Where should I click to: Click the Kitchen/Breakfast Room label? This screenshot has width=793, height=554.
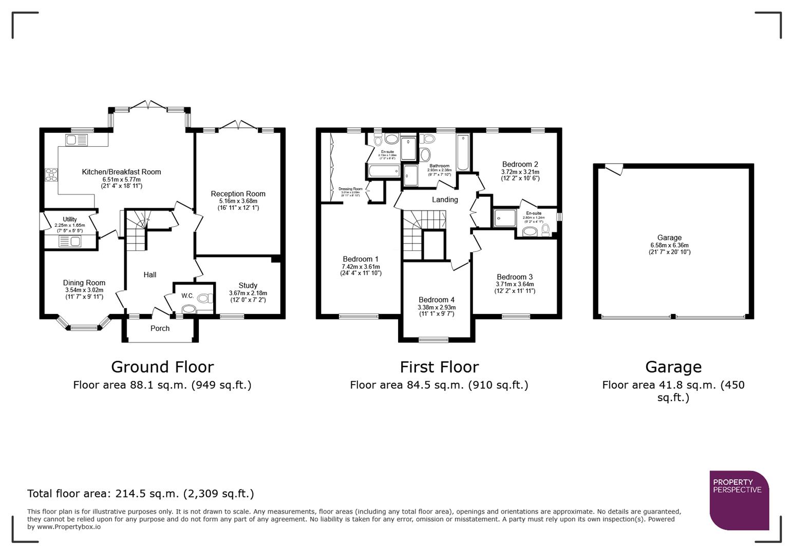(121, 172)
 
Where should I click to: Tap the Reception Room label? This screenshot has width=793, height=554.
(238, 193)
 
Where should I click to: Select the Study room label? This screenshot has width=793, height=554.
(248, 285)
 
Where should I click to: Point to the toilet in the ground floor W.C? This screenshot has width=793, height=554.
(204, 298)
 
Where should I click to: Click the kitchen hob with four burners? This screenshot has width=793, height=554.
(51, 175)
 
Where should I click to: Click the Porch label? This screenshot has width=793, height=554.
(160, 328)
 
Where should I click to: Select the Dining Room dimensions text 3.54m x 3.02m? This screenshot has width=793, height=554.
(84, 290)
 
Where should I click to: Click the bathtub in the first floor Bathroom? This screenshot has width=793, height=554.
(463, 152)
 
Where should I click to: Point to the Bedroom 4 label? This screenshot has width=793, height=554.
(436, 300)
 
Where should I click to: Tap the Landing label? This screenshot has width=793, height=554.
(445, 200)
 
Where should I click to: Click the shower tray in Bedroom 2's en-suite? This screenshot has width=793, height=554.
(504, 217)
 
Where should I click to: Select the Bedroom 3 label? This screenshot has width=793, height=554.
(515, 276)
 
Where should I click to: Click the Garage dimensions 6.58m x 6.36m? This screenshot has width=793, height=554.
(669, 245)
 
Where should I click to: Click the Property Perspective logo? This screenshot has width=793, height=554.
(739, 500)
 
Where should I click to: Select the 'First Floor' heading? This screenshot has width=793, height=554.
(439, 367)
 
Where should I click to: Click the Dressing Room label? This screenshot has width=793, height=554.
(350, 189)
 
